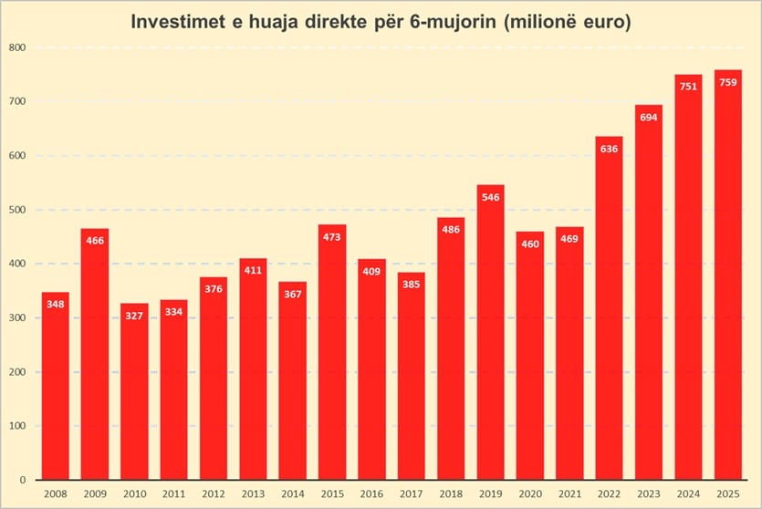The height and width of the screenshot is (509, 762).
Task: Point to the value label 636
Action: [610, 149]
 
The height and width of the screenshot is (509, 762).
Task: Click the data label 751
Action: [688, 87]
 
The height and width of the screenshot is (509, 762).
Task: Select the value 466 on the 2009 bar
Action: [95, 241]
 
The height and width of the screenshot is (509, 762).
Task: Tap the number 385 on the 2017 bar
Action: [412, 285]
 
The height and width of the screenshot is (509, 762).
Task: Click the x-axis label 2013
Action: [253, 493]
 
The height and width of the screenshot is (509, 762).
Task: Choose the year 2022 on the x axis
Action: [610, 493]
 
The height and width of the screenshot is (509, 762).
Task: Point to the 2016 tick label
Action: [371, 493]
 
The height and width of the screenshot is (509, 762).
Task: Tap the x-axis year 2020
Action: [530, 493]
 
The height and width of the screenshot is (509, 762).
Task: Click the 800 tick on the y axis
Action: [18, 47]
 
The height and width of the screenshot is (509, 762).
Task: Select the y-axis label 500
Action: [18, 210]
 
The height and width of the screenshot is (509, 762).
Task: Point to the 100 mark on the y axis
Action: [18, 426]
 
